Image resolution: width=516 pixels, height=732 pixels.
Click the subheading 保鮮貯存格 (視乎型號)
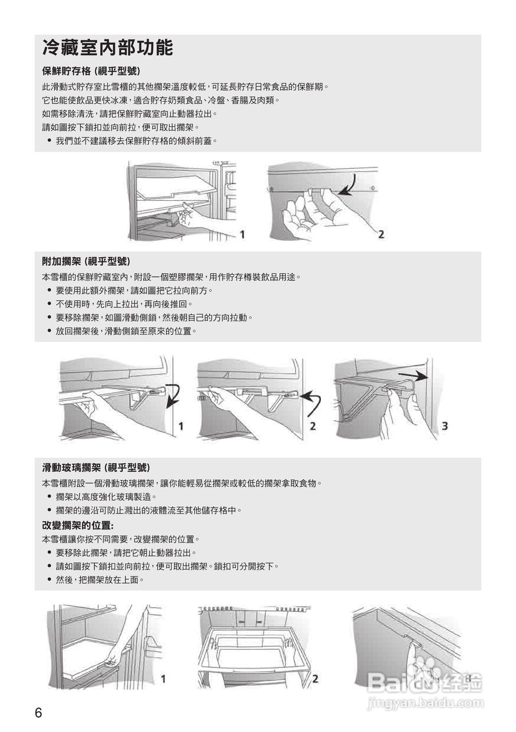pyautogui.click(x=92, y=71)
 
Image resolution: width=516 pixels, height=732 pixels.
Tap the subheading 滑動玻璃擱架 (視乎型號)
pyautogui.click(x=96, y=467)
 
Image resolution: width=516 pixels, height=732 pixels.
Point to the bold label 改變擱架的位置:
pyautogui.click(x=78, y=525)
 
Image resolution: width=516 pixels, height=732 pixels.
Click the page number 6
pyautogui.click(x=38, y=713)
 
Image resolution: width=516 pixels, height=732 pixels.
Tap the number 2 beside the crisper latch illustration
pyautogui.click(x=381, y=234)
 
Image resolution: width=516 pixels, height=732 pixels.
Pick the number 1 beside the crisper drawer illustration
pyautogui.click(x=243, y=234)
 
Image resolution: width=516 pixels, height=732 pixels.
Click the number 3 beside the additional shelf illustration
pyautogui.click(x=444, y=425)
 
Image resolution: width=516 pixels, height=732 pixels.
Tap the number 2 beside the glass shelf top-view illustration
pyautogui.click(x=315, y=679)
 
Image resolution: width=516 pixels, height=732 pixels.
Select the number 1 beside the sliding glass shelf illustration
pyautogui.click(x=163, y=679)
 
